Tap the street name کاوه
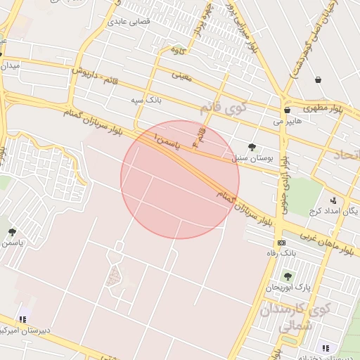pyautogui.click(x=177, y=50)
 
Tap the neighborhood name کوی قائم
pyautogui.click(x=224, y=109)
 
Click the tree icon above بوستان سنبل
pyautogui.click(x=252, y=146)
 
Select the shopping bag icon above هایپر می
pyautogui.click(x=287, y=110)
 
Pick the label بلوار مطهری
pyautogui.click(x=321, y=108)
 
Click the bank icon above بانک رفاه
pyautogui.click(x=281, y=243)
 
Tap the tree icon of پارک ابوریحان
pyautogui.click(x=286, y=276)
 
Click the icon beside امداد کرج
pyautogui.click(x=333, y=200)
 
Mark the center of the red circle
pyautogui.click(x=180, y=179)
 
